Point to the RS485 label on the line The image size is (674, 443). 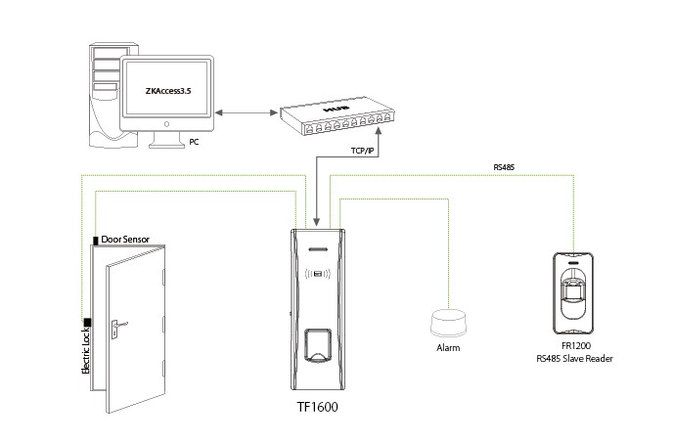[503, 168]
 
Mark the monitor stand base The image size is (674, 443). [167, 143]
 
